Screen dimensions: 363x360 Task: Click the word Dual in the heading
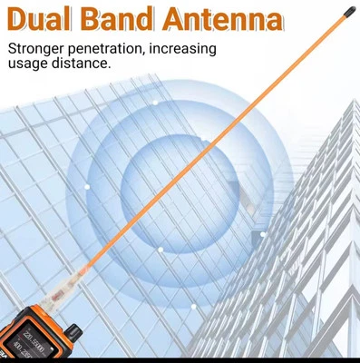[44, 20]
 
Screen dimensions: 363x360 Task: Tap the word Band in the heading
[127, 20]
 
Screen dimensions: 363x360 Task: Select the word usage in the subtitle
[28, 64]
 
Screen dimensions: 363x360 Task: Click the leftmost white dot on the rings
[88, 185]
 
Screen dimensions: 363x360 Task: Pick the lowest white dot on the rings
[161, 248]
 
